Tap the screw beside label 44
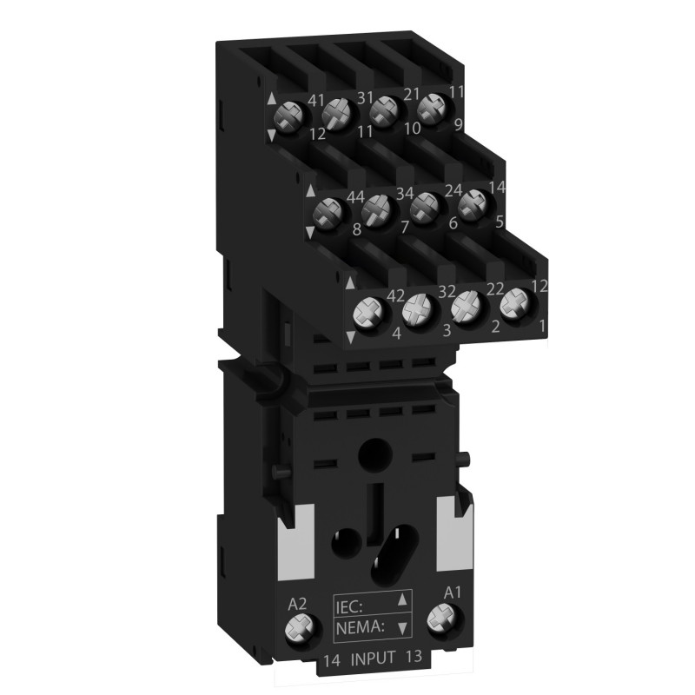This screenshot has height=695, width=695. point(328,211)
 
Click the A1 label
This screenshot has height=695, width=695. point(451,592)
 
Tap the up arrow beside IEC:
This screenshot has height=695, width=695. point(401,599)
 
